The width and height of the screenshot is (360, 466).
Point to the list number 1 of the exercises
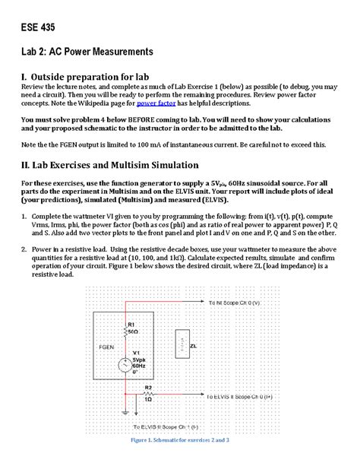point(24,217)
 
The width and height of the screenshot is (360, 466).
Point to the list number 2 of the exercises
point(24,249)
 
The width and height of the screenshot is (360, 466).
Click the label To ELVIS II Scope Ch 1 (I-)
point(166,426)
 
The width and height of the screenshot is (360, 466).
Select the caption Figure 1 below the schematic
point(179,441)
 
